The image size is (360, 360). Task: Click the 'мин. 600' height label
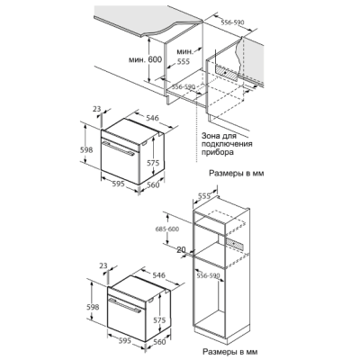tap(145, 59)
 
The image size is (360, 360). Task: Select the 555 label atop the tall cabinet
tap(204, 196)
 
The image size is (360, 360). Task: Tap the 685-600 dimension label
tap(167, 229)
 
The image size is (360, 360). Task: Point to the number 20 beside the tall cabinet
tap(181, 249)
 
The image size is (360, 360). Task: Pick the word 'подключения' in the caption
tap(227, 144)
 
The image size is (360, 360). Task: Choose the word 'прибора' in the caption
tap(218, 152)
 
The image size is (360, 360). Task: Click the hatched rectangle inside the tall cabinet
tap(235, 244)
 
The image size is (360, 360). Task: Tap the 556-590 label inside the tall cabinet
tap(208, 275)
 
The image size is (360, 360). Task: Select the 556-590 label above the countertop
tap(232, 22)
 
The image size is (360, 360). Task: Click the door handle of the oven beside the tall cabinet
tap(125, 306)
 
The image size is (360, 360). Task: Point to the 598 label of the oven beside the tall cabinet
tap(93, 307)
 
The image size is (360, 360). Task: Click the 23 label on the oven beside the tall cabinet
tap(103, 265)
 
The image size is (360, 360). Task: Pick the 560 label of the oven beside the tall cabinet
tap(159, 342)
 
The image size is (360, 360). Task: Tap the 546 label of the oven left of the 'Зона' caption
tap(152, 118)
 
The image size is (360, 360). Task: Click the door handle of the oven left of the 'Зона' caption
tap(118, 148)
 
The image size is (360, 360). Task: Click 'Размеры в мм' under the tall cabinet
tap(229, 352)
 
